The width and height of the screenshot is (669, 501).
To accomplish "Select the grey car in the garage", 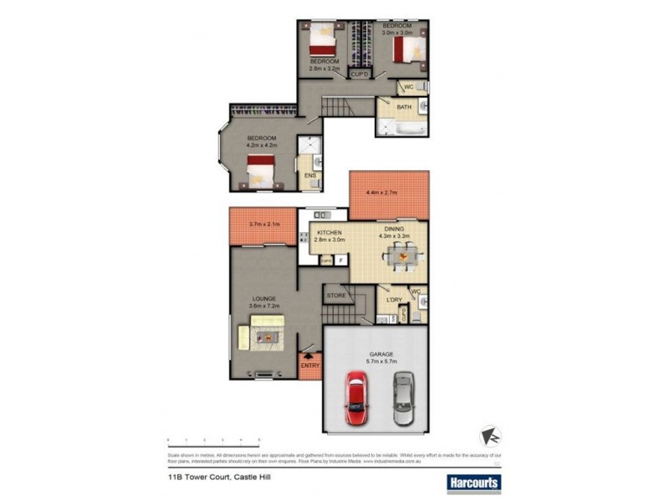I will (402, 398).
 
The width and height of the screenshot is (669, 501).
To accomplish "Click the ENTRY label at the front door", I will (309, 365).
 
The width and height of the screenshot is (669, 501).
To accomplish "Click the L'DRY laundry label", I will (394, 299).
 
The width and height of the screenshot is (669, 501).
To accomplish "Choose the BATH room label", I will (391, 107).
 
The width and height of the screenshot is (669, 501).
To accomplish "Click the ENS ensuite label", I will (309, 175).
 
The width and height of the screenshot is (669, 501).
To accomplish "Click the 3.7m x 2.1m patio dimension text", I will (263, 224).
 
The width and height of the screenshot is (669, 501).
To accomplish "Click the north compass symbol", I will (492, 437).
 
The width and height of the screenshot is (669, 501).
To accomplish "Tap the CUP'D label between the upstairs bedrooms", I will (360, 73).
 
